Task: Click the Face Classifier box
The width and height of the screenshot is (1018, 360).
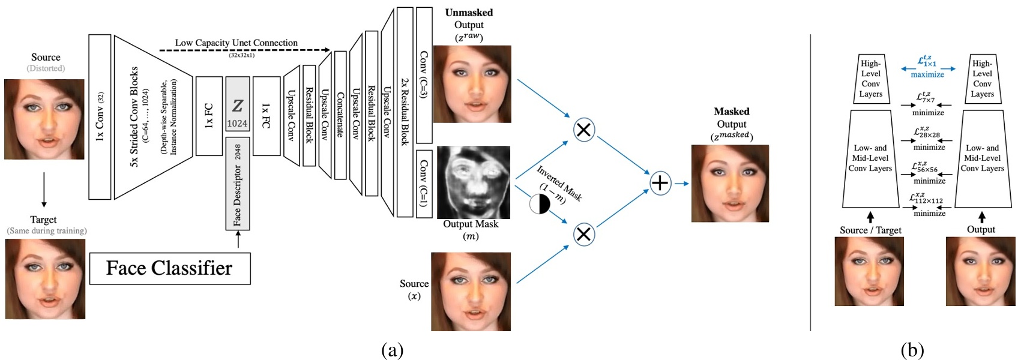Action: coord(169,268)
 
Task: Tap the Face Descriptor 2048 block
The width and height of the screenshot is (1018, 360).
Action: coord(238,184)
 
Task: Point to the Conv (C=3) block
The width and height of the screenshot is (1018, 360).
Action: coord(424,75)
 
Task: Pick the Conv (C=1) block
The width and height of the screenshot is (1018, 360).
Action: coord(424,183)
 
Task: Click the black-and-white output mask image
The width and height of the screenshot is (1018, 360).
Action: coord(473,182)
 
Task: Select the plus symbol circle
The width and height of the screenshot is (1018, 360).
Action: coord(660,183)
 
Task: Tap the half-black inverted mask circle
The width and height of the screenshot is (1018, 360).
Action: coord(539,204)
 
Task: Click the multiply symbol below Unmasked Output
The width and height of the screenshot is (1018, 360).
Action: coord(583,130)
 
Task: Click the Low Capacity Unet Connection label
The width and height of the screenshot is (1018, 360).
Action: coord(236,43)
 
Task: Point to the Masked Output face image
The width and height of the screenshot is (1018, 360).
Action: coord(730,183)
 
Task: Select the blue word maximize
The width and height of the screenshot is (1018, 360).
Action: coord(927,75)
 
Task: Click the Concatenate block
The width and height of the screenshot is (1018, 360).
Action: coord(340,115)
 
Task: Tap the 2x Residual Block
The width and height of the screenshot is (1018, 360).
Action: coord(405,112)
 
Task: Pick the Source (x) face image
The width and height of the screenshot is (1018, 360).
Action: coord(471,292)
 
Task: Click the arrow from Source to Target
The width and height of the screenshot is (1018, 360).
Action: coord(44,190)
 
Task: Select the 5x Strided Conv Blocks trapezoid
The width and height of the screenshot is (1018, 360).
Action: coord(152,117)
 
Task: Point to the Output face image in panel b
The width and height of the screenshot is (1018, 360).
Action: coord(980,271)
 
